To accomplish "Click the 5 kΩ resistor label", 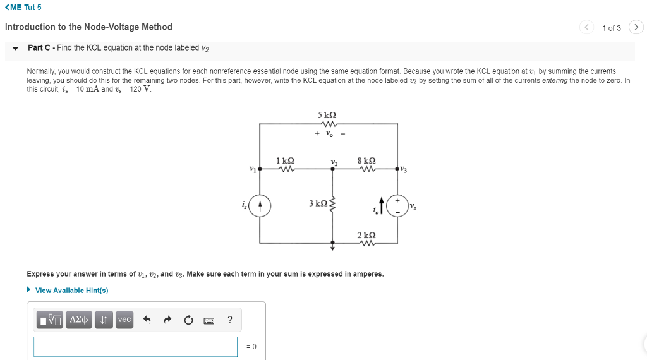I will [327, 115].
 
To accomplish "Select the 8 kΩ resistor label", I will [366, 161].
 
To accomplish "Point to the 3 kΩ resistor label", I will [318, 203].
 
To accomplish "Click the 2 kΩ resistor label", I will [366, 235].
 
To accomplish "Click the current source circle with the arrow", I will [260, 206].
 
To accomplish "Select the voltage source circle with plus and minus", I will [397, 206].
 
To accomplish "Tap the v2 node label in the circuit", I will [334, 162].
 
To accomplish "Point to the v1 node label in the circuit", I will [253, 169].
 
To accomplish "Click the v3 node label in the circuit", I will [404, 169].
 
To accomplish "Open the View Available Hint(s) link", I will [71, 291].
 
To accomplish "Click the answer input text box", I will [135, 346].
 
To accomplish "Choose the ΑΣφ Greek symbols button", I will [79, 320].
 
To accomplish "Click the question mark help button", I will [229, 320].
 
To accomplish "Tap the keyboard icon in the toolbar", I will [209, 320].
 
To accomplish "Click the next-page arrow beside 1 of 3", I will [636, 27].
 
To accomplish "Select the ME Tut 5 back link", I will [23, 8].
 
